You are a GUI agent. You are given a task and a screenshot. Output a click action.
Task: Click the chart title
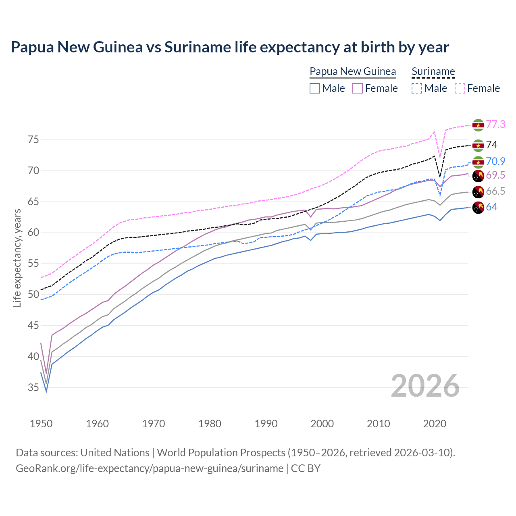click(x=230, y=47)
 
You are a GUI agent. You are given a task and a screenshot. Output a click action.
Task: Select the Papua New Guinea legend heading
click(x=353, y=71)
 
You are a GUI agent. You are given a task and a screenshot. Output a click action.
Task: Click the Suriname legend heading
click(x=433, y=71)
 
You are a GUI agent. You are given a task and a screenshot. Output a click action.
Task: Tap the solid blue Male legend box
click(x=315, y=88)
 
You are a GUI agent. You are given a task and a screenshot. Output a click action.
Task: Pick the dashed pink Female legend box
click(x=460, y=88)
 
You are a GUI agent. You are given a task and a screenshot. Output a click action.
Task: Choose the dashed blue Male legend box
click(x=417, y=88)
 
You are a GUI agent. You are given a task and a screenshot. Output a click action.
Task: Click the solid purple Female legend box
click(x=358, y=88)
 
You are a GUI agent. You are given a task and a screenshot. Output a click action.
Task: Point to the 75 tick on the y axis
click(x=33, y=140)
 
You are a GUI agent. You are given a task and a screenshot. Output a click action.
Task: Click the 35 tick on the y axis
click(x=33, y=387)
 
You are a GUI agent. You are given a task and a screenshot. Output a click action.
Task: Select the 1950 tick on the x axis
click(x=41, y=424)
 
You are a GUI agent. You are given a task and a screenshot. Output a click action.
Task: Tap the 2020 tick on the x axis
click(x=435, y=424)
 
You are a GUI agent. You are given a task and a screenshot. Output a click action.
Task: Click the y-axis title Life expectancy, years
click(x=17, y=258)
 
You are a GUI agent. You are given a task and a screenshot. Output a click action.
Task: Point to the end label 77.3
click(x=495, y=124)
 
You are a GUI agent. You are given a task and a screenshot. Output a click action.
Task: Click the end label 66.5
click(x=495, y=191)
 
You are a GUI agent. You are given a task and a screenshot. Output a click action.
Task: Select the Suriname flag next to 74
click(x=478, y=145)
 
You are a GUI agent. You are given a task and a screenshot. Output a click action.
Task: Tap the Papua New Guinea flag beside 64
click(x=478, y=208)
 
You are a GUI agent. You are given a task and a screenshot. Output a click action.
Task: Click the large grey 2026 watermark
click(x=425, y=386)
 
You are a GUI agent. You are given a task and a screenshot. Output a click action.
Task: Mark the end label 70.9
click(x=495, y=161)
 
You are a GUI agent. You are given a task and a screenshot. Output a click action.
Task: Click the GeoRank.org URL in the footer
click(x=150, y=468)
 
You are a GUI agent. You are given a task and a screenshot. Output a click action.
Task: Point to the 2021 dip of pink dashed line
click(x=440, y=157)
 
